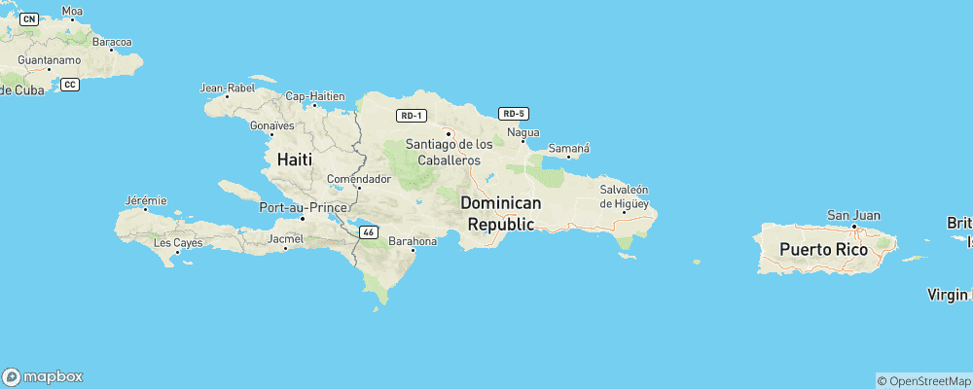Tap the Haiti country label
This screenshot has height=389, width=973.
296,159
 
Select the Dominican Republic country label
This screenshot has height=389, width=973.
501,213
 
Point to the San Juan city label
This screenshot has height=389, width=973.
852,215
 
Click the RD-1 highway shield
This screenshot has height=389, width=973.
411,116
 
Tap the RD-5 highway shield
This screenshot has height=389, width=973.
513,113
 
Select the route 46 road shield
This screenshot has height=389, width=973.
368,231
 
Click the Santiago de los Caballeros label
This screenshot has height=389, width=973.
449,152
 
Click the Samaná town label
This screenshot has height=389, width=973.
569,148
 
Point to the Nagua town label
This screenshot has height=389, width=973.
523,131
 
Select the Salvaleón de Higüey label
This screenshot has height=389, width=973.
624,196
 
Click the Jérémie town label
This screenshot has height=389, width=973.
146,200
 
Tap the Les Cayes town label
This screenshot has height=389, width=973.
177,242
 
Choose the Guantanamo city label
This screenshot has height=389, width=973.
48,59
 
